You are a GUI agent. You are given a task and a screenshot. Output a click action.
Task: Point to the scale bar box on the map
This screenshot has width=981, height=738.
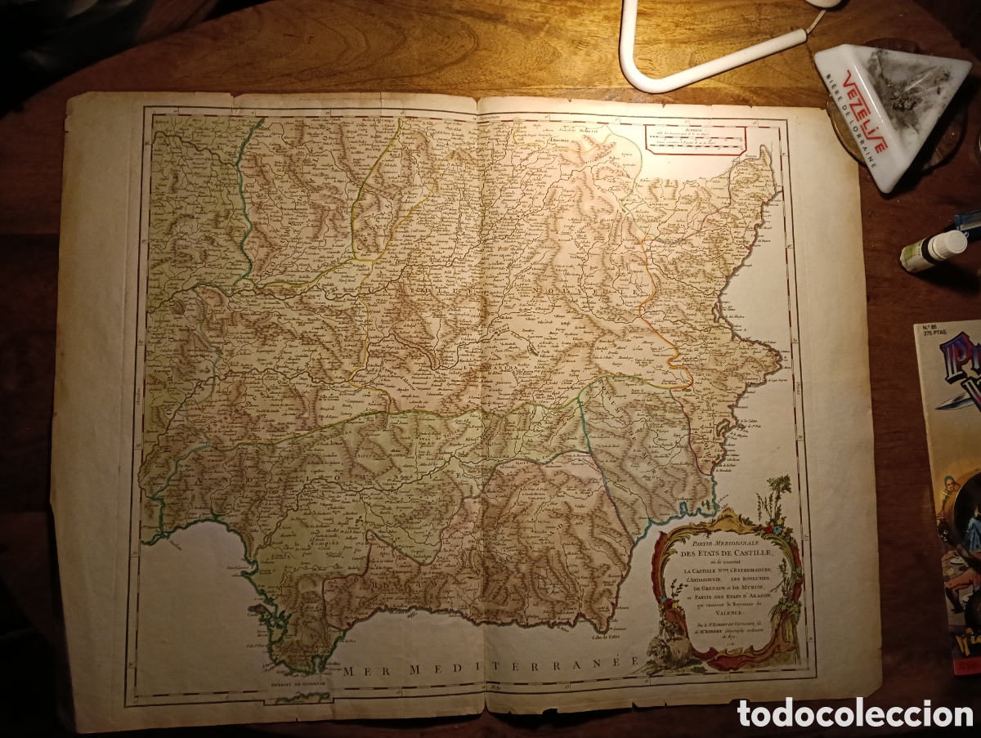coord(694,139)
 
